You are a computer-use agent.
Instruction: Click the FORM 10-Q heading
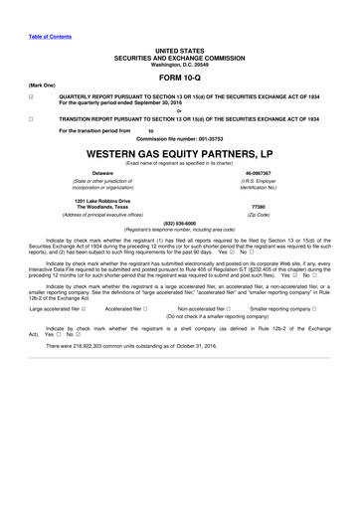179,76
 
